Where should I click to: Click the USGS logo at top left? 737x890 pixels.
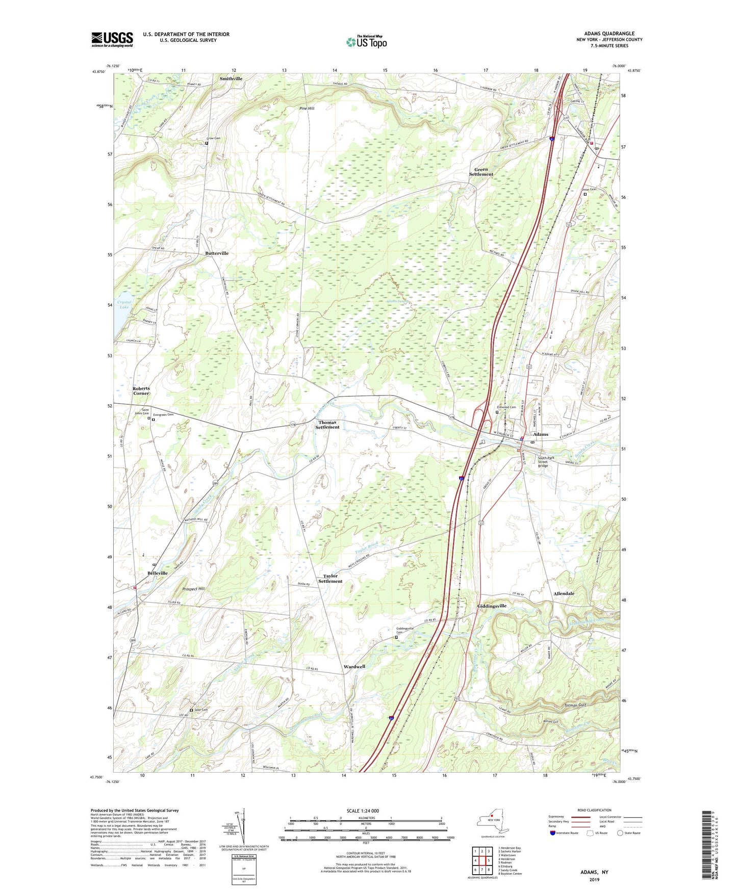tap(112, 39)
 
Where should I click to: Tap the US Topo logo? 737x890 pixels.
tap(366, 42)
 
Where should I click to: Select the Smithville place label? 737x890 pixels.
tap(231, 78)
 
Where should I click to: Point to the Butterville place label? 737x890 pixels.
tap(217, 253)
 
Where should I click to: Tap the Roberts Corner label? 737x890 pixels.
tap(141, 390)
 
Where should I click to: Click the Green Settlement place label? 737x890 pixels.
tap(481, 172)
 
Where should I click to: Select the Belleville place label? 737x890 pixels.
tap(157, 573)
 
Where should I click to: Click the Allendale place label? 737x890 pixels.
tap(564, 593)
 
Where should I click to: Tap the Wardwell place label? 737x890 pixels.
tap(354, 667)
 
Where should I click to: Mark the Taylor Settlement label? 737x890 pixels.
tap(330, 579)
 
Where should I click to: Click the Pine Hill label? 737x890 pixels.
tap(307, 108)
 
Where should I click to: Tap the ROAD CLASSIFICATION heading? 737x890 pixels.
tap(595, 810)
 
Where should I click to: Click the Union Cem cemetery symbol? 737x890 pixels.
tap(585, 194)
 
